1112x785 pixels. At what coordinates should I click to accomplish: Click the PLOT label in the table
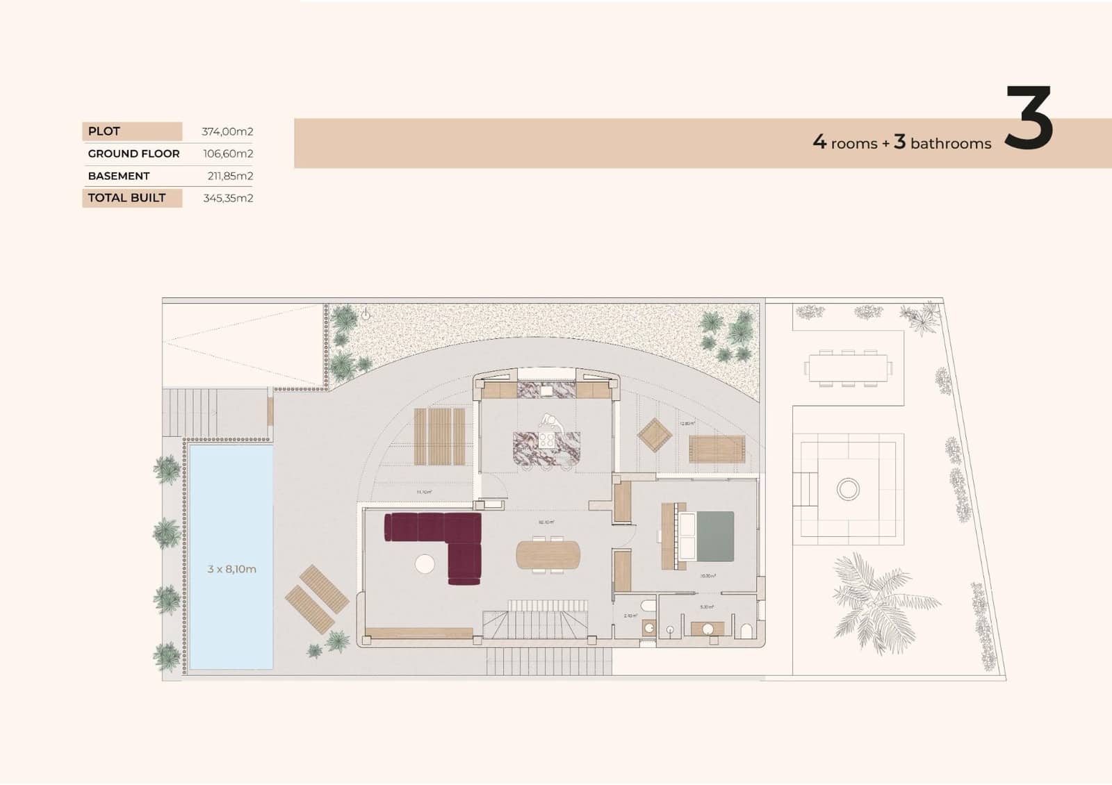[104, 131]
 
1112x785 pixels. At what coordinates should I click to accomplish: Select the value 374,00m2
[227, 131]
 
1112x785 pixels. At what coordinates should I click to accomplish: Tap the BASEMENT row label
[119, 176]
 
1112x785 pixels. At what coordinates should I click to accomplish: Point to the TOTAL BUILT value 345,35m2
[228, 198]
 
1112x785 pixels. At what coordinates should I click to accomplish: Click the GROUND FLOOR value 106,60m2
[228, 154]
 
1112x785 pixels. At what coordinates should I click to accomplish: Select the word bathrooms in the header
[951, 144]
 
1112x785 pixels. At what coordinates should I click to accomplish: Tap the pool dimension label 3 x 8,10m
[231, 569]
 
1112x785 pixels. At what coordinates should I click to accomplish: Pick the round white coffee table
[425, 564]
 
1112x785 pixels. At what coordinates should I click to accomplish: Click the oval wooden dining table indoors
[548, 554]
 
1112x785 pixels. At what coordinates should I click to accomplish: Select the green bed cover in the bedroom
[715, 536]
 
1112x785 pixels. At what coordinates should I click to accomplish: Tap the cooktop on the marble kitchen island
[547, 440]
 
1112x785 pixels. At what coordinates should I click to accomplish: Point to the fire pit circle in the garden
[848, 489]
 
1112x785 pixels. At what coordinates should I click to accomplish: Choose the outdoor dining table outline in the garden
[848, 367]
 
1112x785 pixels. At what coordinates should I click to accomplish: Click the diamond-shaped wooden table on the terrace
[655, 435]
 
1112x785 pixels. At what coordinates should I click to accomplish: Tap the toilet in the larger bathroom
[747, 630]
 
